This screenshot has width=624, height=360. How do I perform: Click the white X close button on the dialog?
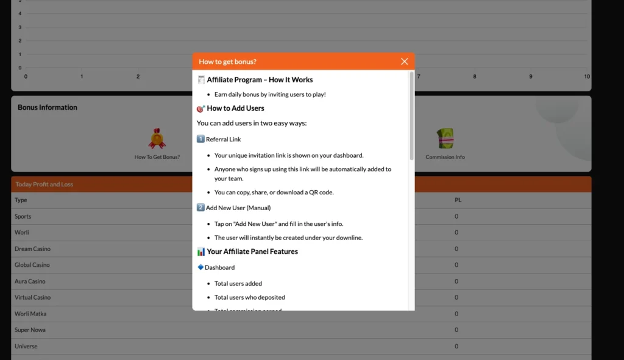click(x=405, y=62)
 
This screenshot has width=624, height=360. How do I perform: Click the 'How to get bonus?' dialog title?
click(x=227, y=62)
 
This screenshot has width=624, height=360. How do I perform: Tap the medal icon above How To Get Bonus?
click(x=157, y=139)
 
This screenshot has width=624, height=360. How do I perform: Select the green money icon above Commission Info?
click(x=445, y=139)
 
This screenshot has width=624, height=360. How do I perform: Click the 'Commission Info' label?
click(x=445, y=157)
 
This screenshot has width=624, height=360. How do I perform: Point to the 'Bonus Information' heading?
click(x=48, y=107)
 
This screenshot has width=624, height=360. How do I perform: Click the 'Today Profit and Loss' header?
click(x=44, y=185)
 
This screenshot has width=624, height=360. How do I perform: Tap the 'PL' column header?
click(x=458, y=200)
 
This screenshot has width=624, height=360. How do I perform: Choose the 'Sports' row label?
click(x=23, y=216)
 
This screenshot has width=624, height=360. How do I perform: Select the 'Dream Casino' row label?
click(x=32, y=249)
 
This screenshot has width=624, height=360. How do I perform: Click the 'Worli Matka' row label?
click(x=30, y=314)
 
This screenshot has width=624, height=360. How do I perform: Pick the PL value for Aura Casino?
click(x=456, y=281)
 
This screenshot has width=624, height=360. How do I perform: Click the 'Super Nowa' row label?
click(x=30, y=330)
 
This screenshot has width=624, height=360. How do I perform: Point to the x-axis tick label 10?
click(x=586, y=77)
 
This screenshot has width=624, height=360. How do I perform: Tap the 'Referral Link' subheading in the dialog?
click(x=223, y=139)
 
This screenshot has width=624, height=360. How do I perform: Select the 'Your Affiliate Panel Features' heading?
click(x=252, y=252)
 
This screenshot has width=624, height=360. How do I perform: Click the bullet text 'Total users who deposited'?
click(x=250, y=297)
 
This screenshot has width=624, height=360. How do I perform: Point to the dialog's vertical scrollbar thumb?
click(x=411, y=116)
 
